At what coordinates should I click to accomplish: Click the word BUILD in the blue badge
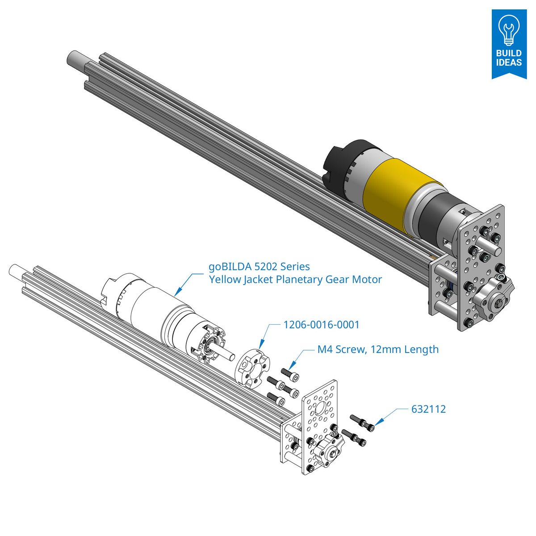(509, 53)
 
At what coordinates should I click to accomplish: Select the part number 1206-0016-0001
(321, 325)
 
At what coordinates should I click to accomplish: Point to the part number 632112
(428, 409)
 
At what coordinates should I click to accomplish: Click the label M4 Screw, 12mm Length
(378, 349)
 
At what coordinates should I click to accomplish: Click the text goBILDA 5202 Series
(259, 267)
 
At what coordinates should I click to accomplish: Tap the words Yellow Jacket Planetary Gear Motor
(295, 280)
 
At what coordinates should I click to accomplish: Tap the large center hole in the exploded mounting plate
(320, 407)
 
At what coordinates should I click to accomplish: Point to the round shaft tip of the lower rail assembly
(15, 270)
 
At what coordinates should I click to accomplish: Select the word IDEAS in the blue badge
(509, 62)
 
